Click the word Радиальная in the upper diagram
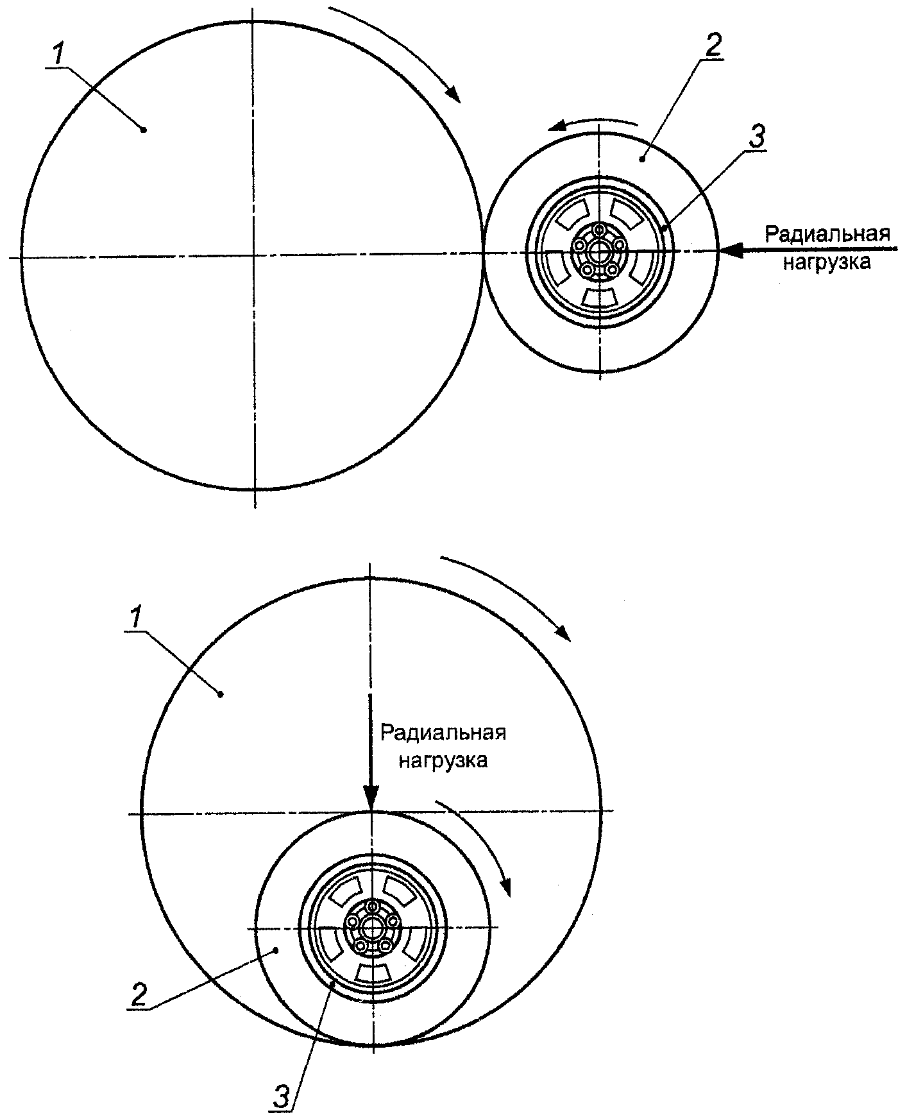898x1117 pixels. coord(827,234)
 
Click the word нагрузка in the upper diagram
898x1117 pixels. coord(826,262)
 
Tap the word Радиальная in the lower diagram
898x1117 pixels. coord(443,732)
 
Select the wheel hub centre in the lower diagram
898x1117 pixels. coord(372,928)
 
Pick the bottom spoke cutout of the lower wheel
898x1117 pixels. coord(373,972)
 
